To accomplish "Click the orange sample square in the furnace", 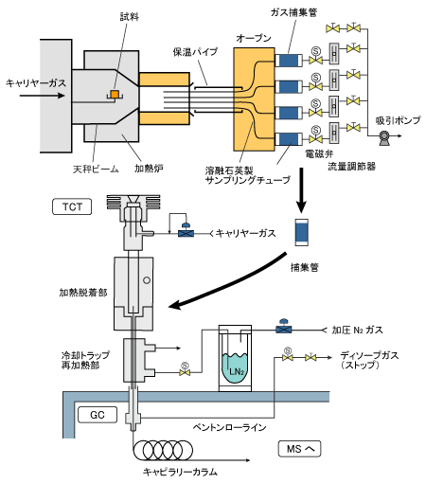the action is (115, 94).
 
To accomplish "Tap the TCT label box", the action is (72, 206).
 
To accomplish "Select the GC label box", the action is (98, 415).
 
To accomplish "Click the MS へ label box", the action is (299, 449).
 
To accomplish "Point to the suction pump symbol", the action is (384, 137).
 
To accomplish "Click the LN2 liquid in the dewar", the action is (235, 367).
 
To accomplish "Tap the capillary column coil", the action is (163, 450).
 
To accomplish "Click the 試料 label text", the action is (130, 17).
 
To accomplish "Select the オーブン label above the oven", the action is (254, 39).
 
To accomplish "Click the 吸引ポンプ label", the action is (398, 120).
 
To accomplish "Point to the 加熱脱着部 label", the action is (83, 293).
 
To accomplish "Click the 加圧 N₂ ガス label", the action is (358, 331).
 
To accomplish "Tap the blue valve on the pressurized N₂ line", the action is (284, 328).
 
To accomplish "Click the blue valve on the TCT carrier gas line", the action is (186, 231).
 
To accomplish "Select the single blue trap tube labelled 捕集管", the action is (301, 232).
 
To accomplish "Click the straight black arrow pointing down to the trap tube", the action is (301, 190).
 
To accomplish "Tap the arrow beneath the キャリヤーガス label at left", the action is (42, 95).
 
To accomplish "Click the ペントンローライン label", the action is (229, 427).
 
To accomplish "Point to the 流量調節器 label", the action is (351, 166).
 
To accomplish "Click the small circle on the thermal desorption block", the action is (147, 280).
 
